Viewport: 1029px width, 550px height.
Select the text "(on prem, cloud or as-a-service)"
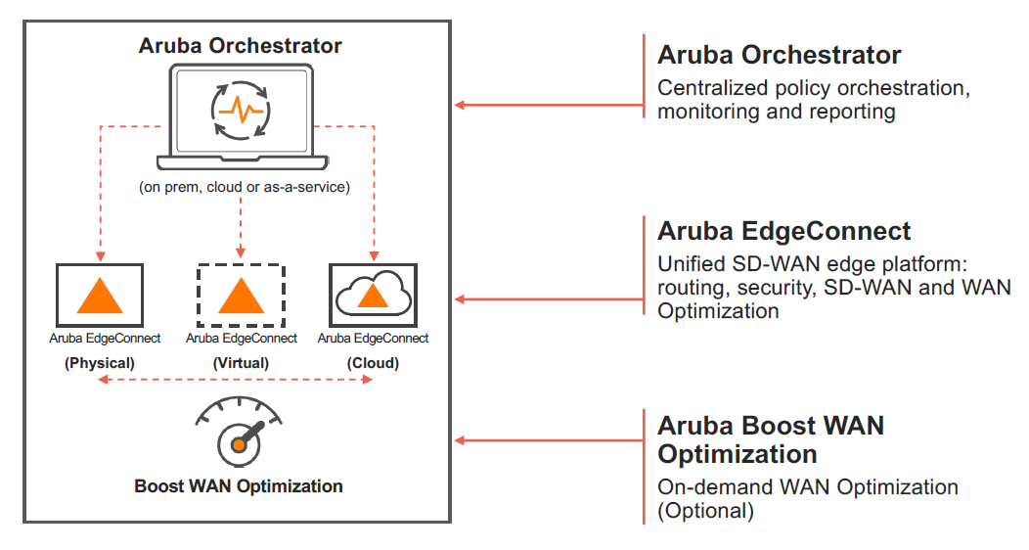point(241,187)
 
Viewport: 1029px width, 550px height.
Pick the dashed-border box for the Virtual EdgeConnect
point(241,296)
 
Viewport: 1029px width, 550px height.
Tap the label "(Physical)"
point(100,362)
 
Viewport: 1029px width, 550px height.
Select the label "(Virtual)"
point(241,362)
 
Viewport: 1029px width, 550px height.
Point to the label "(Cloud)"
point(373,362)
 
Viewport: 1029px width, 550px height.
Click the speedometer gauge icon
point(240,431)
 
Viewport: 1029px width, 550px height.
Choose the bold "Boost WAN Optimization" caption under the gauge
point(239,485)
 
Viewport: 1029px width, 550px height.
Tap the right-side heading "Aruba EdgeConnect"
point(783,231)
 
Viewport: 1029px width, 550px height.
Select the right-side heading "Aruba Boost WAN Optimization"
point(771,439)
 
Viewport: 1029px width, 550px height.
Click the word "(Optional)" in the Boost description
point(705,510)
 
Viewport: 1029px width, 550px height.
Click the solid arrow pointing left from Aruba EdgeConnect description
point(548,299)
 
